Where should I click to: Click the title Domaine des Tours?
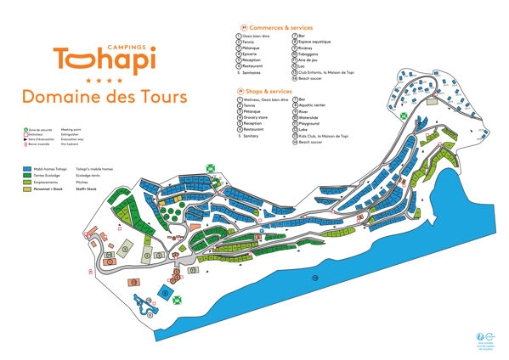point(105,96)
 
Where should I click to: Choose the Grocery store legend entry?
point(256,117)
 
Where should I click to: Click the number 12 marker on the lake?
point(314,278)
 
